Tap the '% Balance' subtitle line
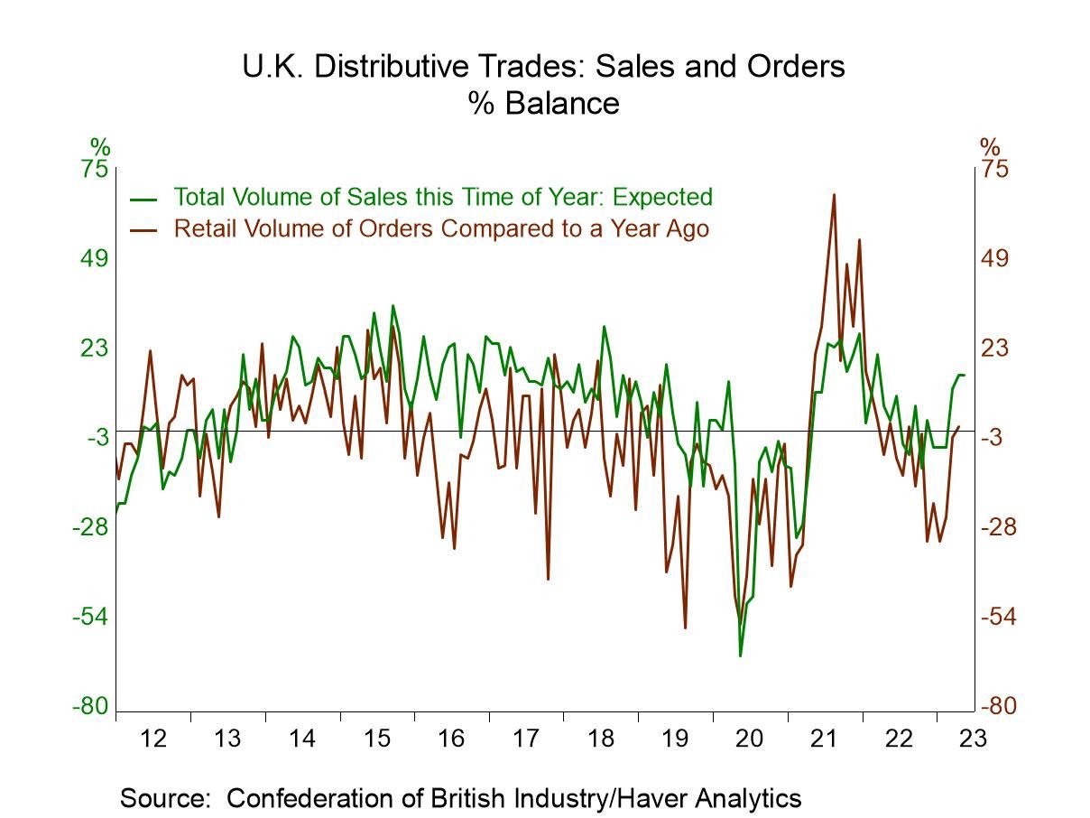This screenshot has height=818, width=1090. click(543, 103)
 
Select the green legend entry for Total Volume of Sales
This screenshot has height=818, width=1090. click(442, 197)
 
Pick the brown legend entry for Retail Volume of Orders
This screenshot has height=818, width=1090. click(440, 228)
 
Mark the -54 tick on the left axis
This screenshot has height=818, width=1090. click(90, 617)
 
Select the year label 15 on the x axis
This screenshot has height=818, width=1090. click(377, 739)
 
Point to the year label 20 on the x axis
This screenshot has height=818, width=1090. click(750, 739)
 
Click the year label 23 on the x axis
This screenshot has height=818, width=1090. click(974, 739)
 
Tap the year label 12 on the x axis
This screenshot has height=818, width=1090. click(153, 739)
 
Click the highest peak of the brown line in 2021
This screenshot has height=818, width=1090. click(834, 194)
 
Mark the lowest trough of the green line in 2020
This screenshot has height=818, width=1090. click(740, 655)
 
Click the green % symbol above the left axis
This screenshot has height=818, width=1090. click(99, 147)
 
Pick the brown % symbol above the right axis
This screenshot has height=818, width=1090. click(990, 147)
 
